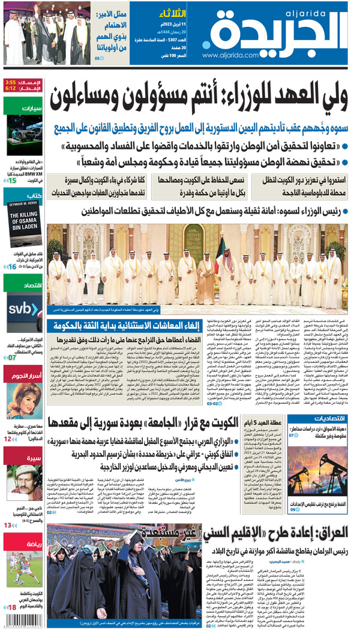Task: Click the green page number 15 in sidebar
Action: (x=12, y=181)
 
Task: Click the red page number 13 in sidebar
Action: (x=8, y=526)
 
